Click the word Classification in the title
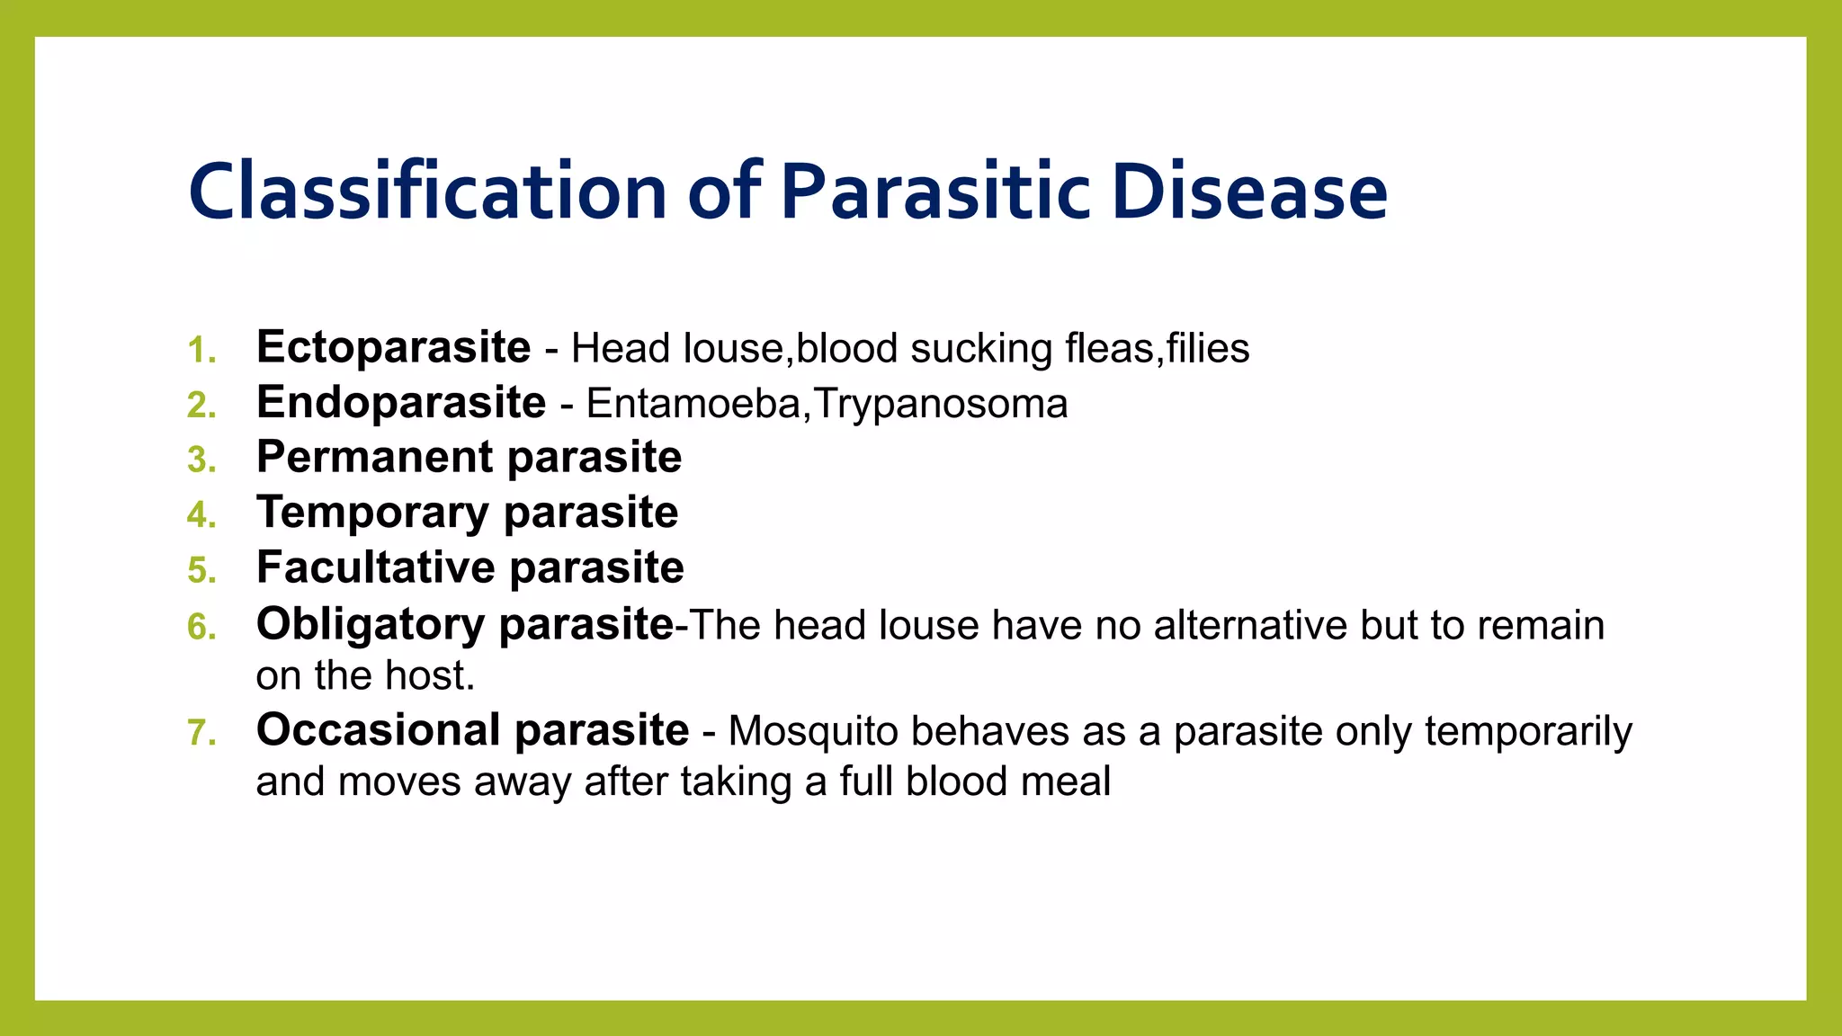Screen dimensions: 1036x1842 (427, 192)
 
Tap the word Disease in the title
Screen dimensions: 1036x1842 (1249, 192)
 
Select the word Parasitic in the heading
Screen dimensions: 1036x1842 (935, 192)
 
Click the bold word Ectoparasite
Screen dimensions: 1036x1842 (393, 348)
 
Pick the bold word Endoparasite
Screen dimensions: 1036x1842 (401, 403)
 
